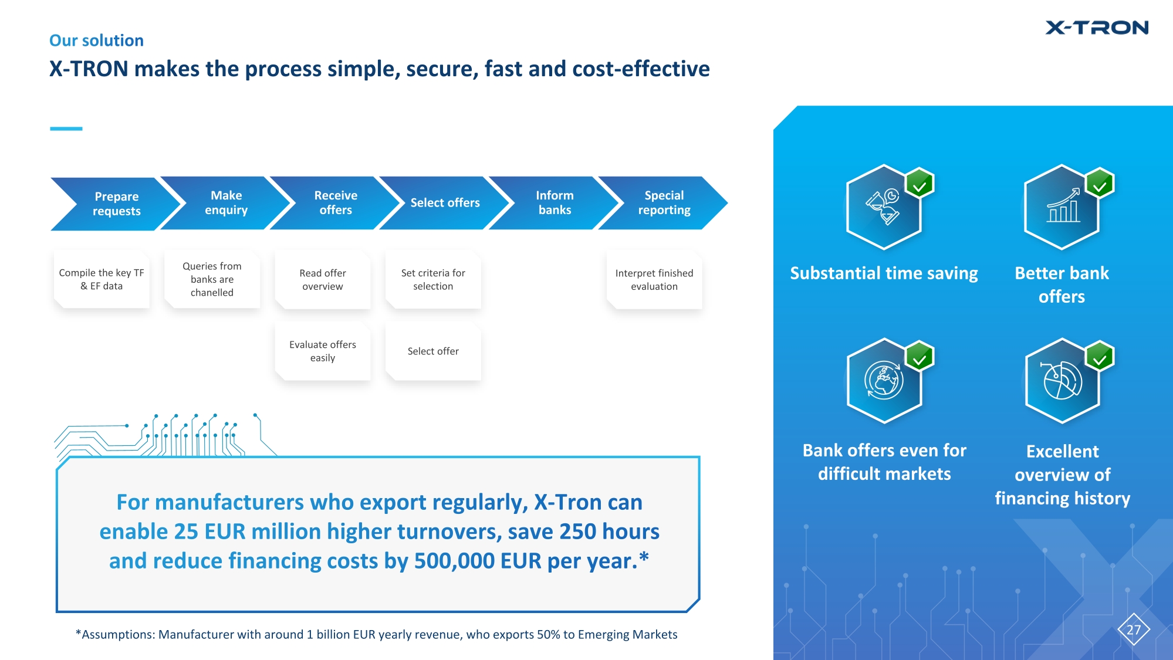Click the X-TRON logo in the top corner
pos(1096,28)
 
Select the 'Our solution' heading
pos(96,40)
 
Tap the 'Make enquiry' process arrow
pos(226,203)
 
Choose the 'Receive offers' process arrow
pos(336,203)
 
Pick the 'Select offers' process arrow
pos(445,203)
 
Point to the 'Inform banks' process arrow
pos(555,203)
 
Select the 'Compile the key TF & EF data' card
pos(102,280)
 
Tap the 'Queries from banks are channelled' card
pos(212,280)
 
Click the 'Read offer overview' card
pos(323,280)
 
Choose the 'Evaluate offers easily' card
pos(323,351)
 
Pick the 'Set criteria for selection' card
pos(433,280)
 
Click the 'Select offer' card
pos(433,351)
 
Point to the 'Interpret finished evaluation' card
pos(654,280)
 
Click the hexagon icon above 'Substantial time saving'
pos(884,207)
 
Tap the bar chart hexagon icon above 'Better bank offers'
pos(1062,207)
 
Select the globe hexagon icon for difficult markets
pos(884,381)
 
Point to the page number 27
pos(1134,630)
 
